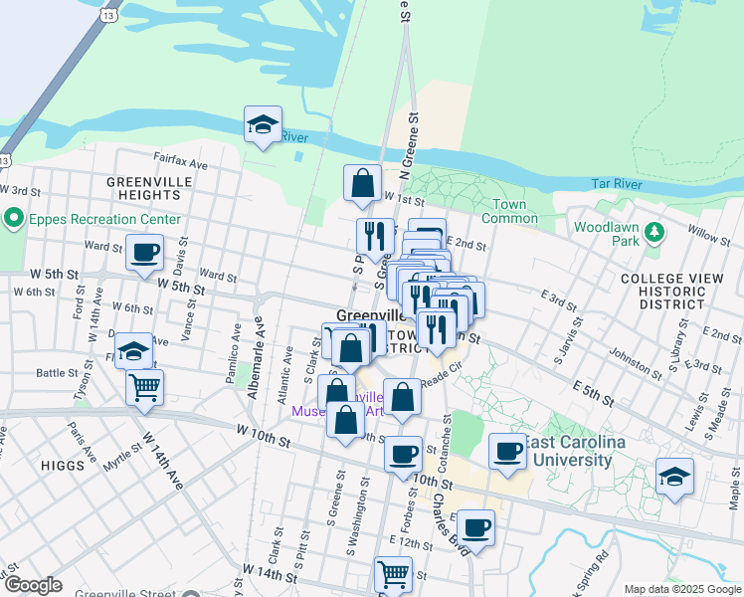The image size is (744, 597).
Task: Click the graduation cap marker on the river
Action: pyautogui.click(x=263, y=124)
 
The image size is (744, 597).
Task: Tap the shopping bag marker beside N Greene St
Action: pyautogui.click(x=362, y=183)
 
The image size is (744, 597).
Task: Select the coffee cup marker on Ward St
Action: pyautogui.click(x=144, y=252)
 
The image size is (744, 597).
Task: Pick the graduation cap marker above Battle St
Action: pyautogui.click(x=133, y=350)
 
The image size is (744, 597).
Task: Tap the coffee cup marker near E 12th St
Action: pyautogui.click(x=476, y=526)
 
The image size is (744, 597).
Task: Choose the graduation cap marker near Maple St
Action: pyautogui.click(x=674, y=476)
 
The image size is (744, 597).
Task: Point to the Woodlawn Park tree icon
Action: pyautogui.click(x=653, y=232)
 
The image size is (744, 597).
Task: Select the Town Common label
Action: pyautogui.click(x=509, y=211)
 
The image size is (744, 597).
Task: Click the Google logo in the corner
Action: pyautogui.click(x=32, y=585)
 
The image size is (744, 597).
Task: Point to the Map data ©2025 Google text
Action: pyautogui.click(x=681, y=589)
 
